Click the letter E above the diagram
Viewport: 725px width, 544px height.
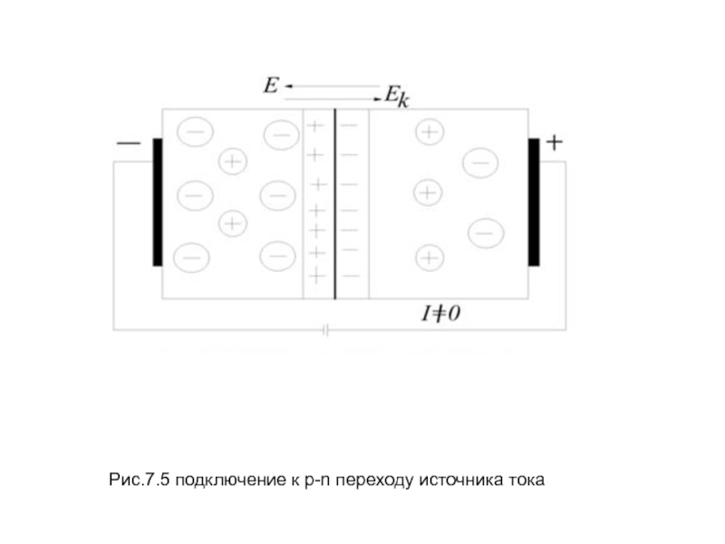point(270,86)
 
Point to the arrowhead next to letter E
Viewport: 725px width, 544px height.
point(288,86)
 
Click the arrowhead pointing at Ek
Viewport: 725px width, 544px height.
point(378,95)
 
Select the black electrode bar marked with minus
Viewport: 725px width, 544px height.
point(158,202)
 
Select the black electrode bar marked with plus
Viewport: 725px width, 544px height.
point(534,202)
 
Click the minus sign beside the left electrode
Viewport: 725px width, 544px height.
point(129,144)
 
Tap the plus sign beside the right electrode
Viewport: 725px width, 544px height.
point(555,142)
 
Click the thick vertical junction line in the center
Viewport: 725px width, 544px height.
point(334,204)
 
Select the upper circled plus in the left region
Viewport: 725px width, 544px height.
point(233,161)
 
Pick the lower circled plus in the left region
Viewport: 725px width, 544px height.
point(233,222)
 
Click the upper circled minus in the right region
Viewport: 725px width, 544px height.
point(479,163)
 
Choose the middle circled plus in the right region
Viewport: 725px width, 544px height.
point(427,192)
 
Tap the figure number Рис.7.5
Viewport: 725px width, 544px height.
point(140,479)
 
